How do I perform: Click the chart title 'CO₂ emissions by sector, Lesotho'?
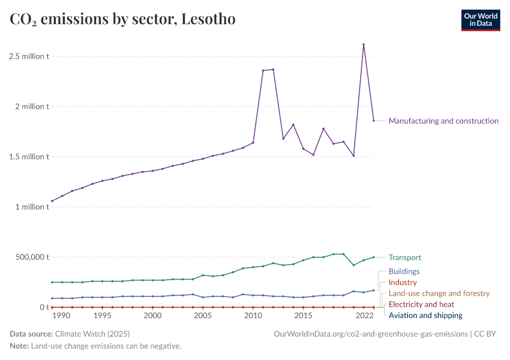(x=122, y=19)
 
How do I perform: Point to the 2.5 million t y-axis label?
(x=29, y=56)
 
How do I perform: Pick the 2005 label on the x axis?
(x=203, y=316)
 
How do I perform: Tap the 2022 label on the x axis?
(x=364, y=316)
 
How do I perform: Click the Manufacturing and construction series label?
(x=443, y=121)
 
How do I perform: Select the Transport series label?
(x=405, y=257)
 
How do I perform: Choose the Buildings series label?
(x=404, y=271)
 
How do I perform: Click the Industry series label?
(x=403, y=282)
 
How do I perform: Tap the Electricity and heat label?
(x=421, y=304)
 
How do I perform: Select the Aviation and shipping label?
(x=425, y=315)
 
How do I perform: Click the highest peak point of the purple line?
(x=364, y=44)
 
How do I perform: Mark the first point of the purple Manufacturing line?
(x=52, y=201)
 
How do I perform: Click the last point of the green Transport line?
(x=374, y=257)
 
